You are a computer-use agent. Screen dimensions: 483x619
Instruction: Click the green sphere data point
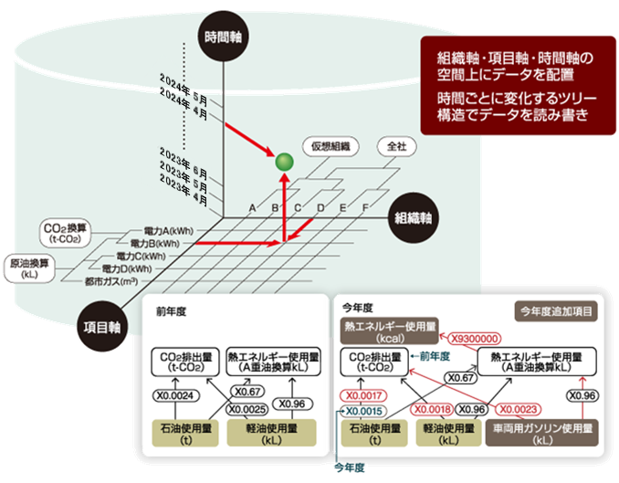285,163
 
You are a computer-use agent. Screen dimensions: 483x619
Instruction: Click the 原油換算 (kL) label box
31,268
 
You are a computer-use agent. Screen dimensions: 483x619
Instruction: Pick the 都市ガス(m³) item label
111,282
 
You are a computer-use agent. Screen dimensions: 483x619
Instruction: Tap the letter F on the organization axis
365,209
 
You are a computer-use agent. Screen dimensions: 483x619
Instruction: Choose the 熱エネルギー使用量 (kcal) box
389,329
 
